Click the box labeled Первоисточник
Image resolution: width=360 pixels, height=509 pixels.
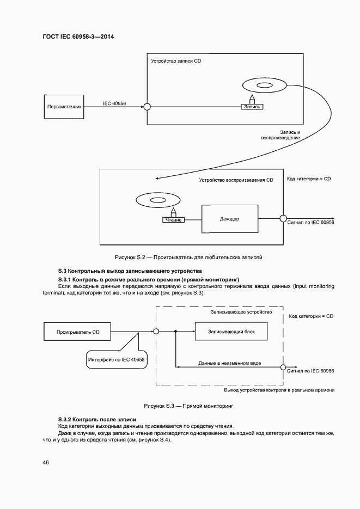[x=65, y=107]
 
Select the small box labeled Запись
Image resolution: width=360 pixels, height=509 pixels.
[x=252, y=107]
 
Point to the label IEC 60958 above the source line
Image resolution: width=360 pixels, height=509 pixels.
[x=114, y=103]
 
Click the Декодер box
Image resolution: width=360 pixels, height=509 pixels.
[x=229, y=219]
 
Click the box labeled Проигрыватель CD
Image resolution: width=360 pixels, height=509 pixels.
[x=78, y=331]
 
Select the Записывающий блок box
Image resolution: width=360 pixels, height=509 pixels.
[x=231, y=331]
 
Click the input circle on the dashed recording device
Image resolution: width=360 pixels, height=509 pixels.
[x=156, y=331]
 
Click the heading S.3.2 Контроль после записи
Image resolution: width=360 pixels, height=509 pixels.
[x=97, y=419]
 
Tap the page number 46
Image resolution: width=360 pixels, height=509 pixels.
[x=46, y=463]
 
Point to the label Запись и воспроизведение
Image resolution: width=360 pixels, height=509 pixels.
[x=289, y=136]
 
